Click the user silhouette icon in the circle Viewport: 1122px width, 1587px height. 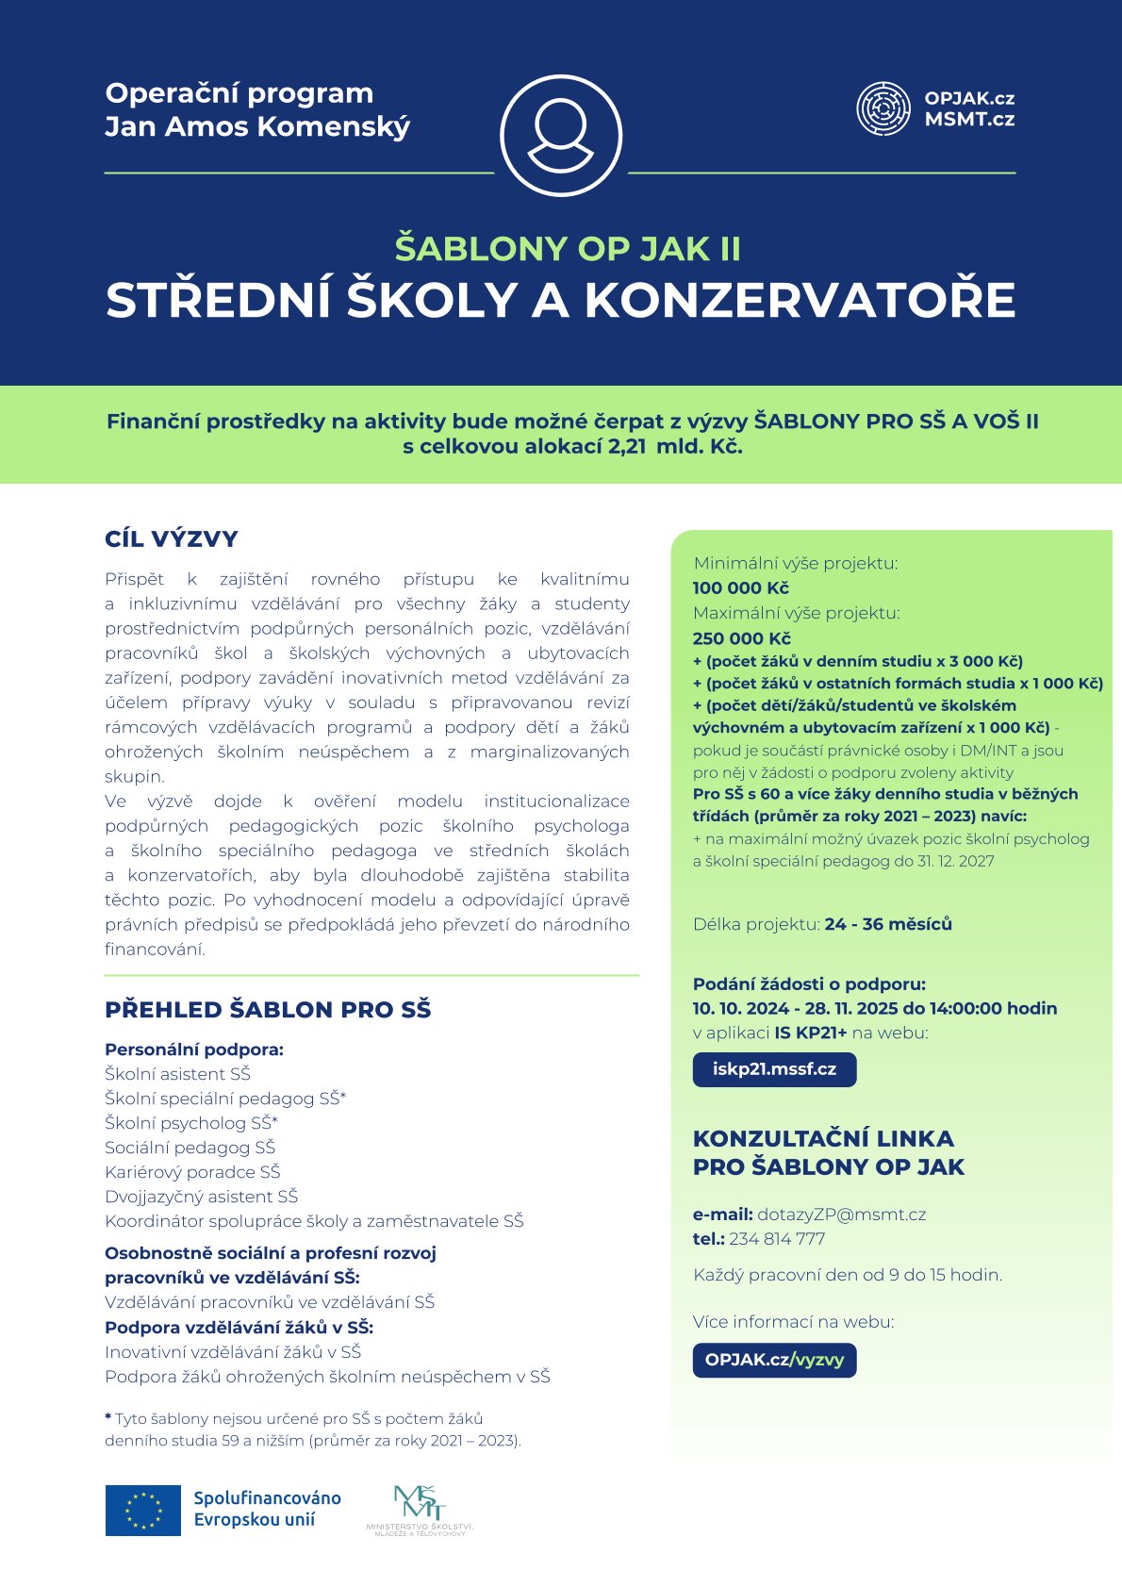[x=561, y=135]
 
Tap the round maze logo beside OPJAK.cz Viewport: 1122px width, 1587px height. [x=883, y=108]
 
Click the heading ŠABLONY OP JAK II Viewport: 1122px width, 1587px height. [x=568, y=249]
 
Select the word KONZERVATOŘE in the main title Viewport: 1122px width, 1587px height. [x=800, y=301]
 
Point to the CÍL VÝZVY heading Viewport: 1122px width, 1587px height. [x=172, y=539]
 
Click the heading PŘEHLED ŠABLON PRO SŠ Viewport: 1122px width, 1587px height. [x=268, y=1010]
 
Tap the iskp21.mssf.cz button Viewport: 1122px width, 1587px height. [x=774, y=1069]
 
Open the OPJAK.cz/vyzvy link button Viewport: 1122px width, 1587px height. [x=774, y=1360]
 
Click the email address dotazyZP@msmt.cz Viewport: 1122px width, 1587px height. [x=841, y=1215]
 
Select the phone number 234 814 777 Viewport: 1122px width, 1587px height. [x=777, y=1239]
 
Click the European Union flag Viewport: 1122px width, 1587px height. [x=142, y=1510]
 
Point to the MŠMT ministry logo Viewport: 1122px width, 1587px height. [x=420, y=1510]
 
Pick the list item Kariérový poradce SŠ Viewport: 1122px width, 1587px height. [x=192, y=1172]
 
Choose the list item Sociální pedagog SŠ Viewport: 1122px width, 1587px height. [x=190, y=1148]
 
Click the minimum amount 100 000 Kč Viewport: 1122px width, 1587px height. [x=740, y=588]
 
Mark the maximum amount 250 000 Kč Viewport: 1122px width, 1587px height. [x=741, y=638]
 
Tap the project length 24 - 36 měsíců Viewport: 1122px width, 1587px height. [x=888, y=924]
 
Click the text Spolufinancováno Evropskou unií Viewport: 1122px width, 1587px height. [x=267, y=1509]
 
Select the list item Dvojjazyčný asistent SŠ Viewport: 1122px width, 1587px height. [x=201, y=1197]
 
